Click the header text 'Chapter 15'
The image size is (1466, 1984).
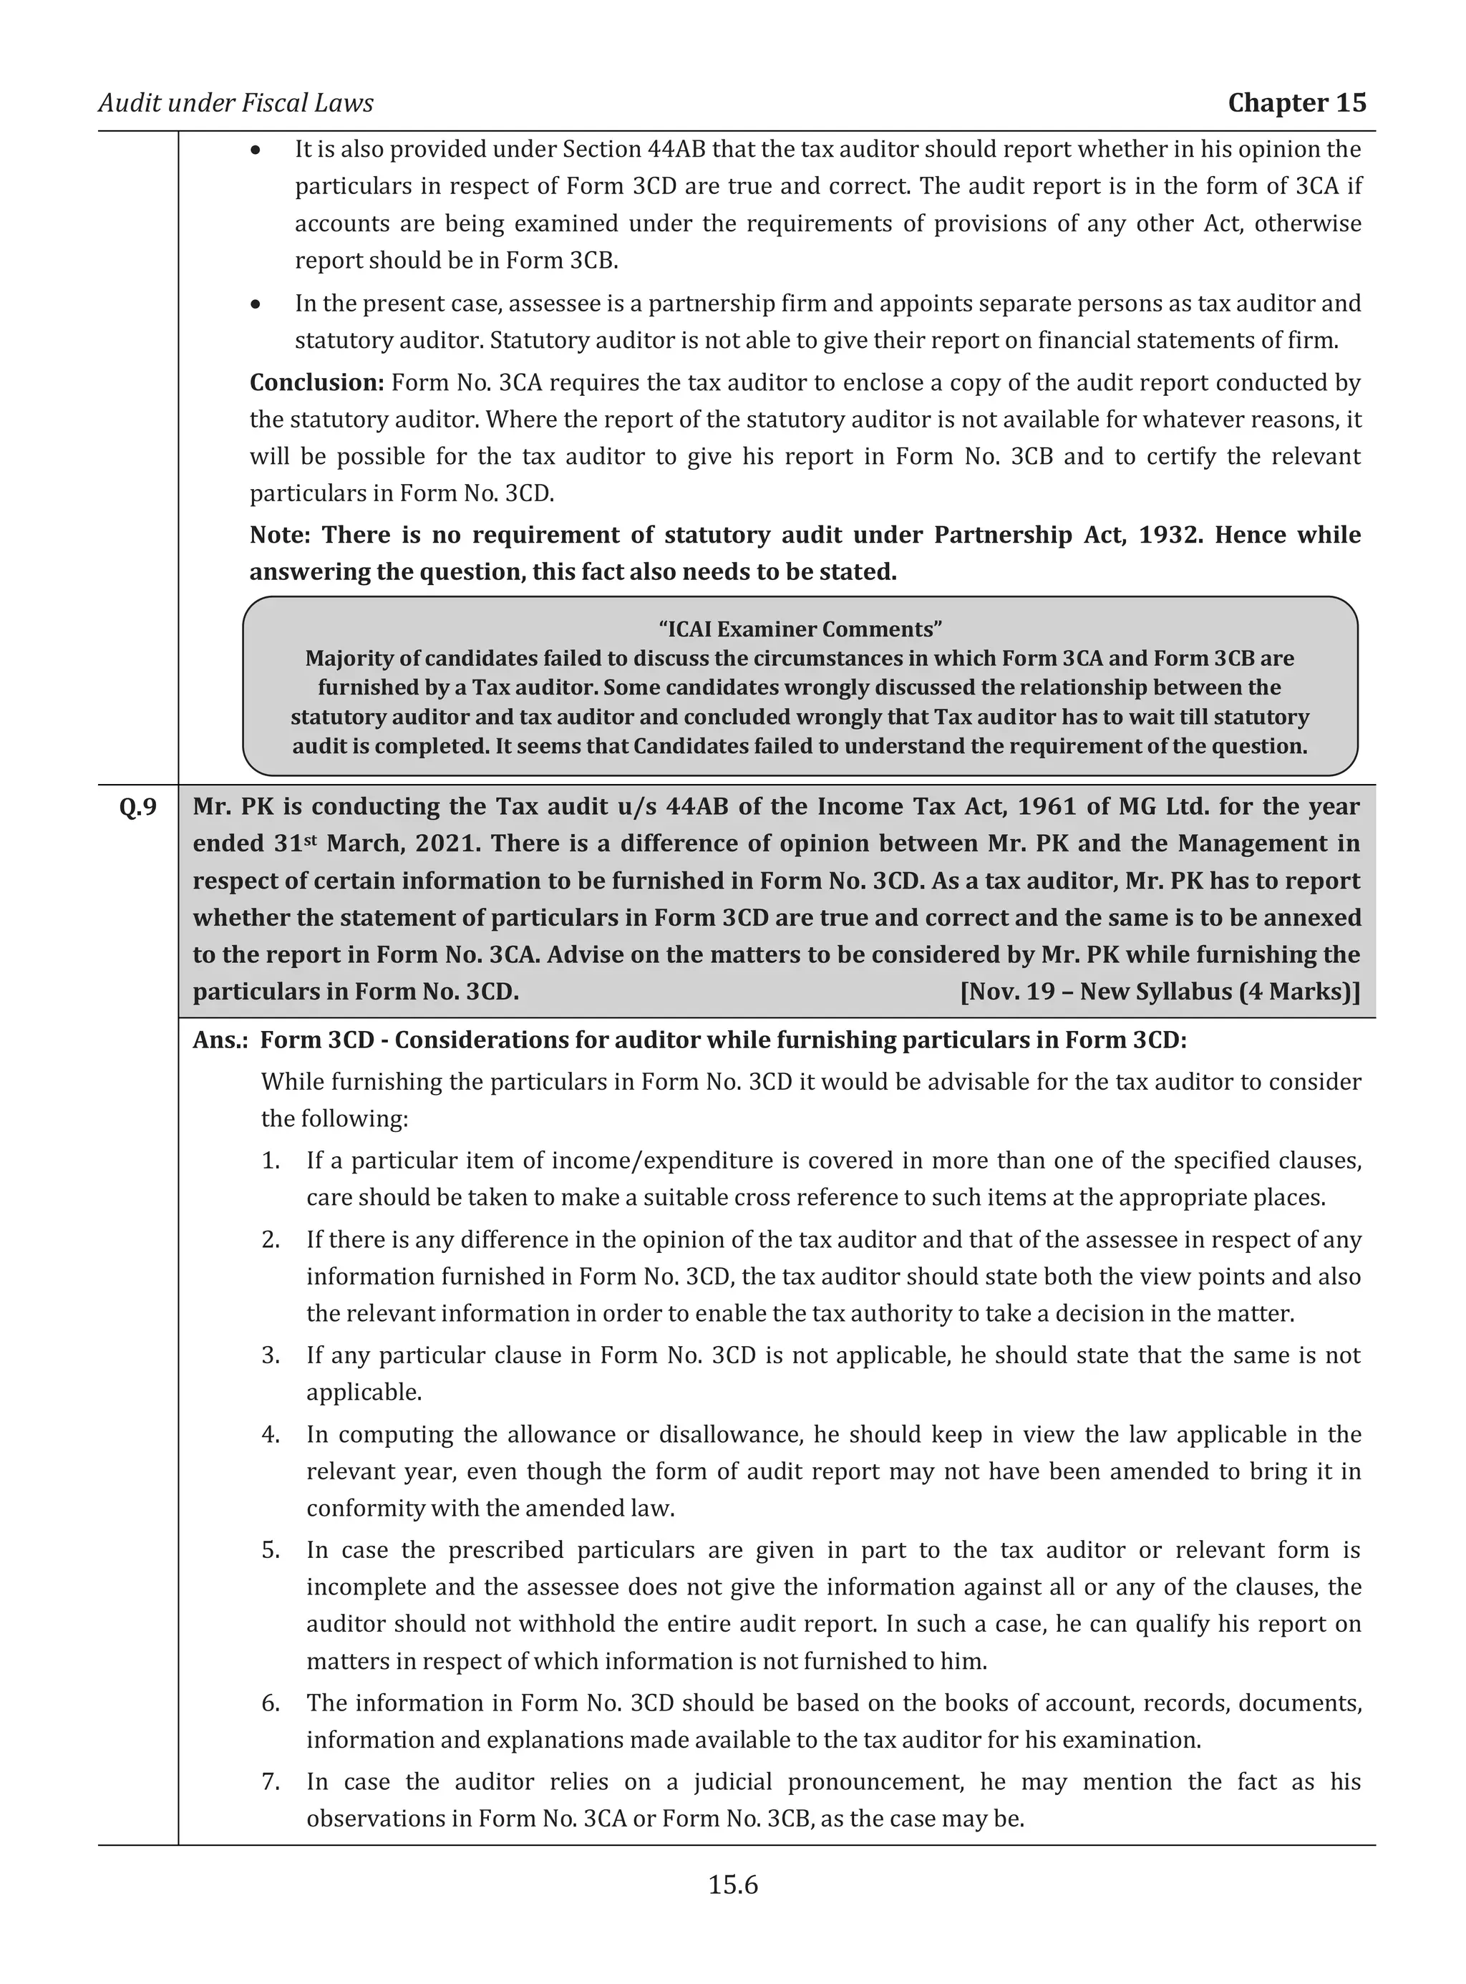pos(1296,103)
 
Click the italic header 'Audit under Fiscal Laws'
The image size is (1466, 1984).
pos(236,103)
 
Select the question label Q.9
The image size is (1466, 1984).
pos(137,807)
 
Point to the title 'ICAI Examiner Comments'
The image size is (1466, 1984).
pos(800,629)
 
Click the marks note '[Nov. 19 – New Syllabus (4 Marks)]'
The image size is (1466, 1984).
pos(1159,992)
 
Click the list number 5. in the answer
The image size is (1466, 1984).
pos(271,1550)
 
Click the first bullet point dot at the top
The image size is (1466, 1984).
pos(256,150)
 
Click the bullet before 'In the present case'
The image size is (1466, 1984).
pos(256,304)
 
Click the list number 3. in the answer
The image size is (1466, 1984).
pos(271,1355)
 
